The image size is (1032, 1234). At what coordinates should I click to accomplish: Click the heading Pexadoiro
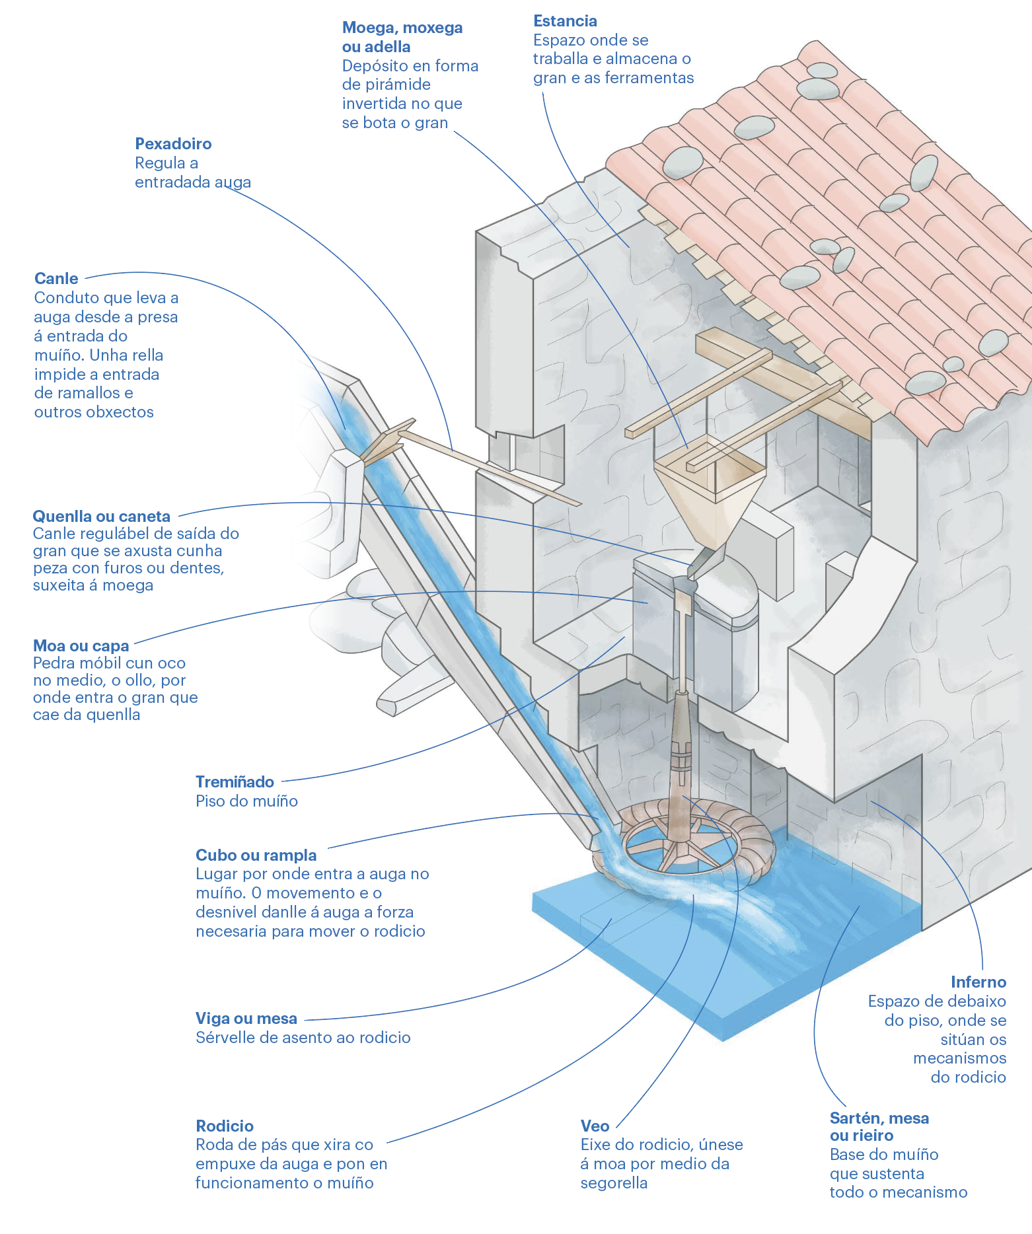click(173, 144)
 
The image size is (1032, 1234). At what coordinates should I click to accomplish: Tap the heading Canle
click(56, 279)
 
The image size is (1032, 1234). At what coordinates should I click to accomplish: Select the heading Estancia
click(565, 21)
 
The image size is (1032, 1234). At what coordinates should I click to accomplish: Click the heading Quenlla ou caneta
click(101, 517)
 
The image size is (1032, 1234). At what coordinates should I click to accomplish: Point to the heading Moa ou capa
click(81, 645)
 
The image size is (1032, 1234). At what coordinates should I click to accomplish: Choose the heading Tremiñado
click(235, 782)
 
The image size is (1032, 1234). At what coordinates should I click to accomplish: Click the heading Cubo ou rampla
click(256, 855)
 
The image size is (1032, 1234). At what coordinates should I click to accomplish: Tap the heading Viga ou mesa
click(246, 1019)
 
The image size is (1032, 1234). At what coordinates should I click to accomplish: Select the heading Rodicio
click(225, 1126)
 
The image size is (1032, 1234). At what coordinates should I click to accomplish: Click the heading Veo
click(595, 1126)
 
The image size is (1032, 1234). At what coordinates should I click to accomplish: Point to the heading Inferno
click(978, 982)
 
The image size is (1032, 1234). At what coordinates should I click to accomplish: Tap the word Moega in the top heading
click(368, 28)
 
